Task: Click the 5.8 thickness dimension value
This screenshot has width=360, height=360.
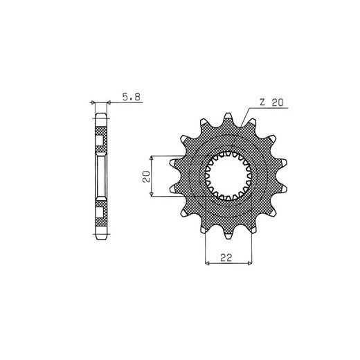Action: [x=132, y=97]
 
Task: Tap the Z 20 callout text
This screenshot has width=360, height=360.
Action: [x=271, y=102]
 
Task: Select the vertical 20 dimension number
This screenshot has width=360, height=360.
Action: [x=146, y=177]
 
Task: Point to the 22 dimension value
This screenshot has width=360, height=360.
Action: [x=226, y=258]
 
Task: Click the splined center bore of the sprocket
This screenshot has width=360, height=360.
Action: [x=228, y=176]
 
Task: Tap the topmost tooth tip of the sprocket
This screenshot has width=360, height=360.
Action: [x=228, y=116]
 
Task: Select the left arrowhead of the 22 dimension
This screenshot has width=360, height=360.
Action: [x=207, y=263]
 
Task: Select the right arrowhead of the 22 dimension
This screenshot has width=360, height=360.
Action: [x=250, y=263]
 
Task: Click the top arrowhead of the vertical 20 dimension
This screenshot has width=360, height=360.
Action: [x=152, y=158]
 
